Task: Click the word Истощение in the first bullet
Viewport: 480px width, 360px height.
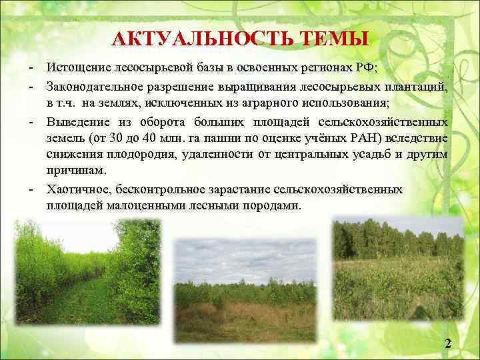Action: (x=76, y=69)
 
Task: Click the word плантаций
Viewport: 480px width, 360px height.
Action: (x=416, y=87)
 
